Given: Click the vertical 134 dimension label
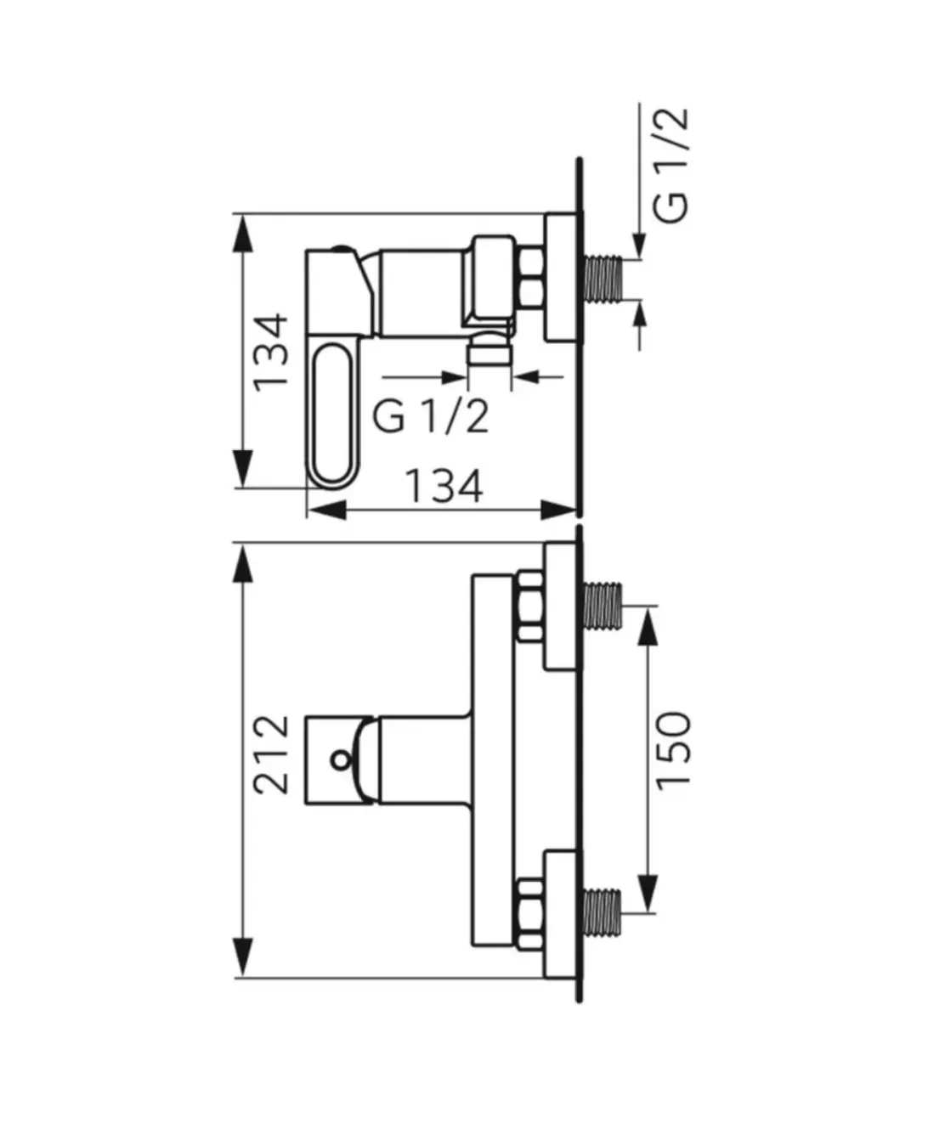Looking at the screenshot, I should [x=273, y=351].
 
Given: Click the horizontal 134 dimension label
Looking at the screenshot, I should [x=443, y=487].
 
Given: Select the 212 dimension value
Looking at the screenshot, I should [x=273, y=754].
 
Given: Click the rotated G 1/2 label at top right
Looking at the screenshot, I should [x=673, y=166].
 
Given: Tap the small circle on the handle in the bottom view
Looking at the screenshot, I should [x=342, y=759].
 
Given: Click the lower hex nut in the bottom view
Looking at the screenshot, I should [x=529, y=907].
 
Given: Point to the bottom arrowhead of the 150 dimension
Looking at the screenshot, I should [x=648, y=893].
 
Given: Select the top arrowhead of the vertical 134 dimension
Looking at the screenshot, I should [x=243, y=233].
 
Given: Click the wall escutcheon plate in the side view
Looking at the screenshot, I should [x=560, y=279].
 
